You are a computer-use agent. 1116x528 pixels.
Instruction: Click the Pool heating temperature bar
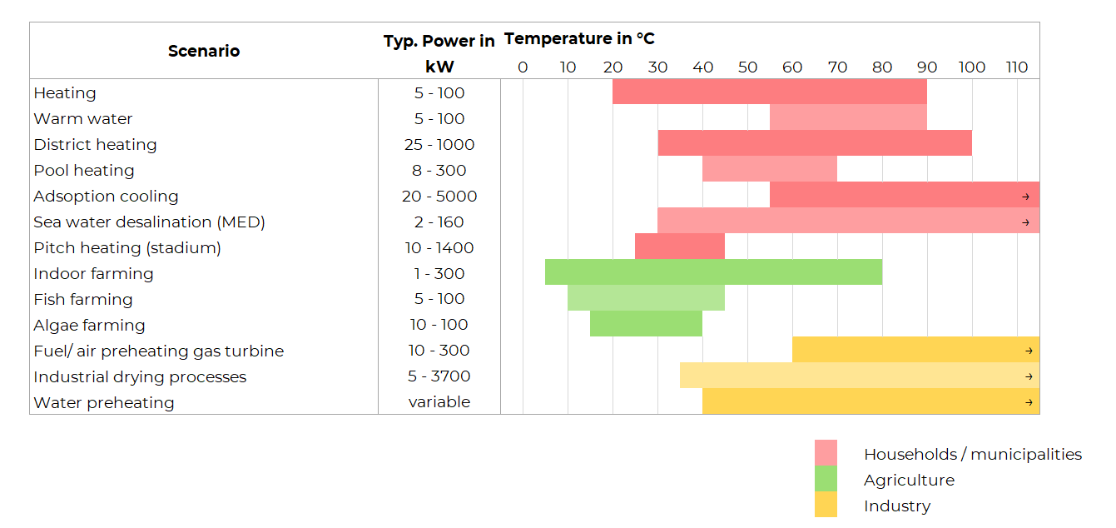[770, 170]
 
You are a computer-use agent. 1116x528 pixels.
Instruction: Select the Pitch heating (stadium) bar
[680, 247]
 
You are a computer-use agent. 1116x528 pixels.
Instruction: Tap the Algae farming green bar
[646, 324]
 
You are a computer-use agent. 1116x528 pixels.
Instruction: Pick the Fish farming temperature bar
[646, 298]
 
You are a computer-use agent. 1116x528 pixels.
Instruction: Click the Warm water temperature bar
[848, 118]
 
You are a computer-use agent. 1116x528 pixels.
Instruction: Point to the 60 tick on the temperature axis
[792, 67]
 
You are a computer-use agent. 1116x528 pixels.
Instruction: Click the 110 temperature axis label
[1017, 67]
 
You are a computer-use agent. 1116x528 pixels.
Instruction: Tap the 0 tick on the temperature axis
[523, 67]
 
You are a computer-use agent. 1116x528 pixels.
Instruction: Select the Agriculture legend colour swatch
[826, 479]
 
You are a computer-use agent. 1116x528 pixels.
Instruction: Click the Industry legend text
[897, 506]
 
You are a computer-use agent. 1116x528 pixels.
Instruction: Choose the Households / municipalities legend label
[972, 454]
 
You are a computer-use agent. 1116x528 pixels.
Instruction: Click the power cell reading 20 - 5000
[439, 197]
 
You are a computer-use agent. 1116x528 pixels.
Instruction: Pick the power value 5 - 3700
[439, 376]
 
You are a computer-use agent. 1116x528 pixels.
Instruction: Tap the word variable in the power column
[439, 402]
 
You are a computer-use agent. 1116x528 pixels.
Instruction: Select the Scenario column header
[204, 51]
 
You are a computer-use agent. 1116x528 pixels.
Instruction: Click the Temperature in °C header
[579, 39]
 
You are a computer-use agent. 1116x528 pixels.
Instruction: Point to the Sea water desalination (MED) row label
[150, 222]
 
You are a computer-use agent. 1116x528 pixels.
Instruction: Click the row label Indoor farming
[93, 273]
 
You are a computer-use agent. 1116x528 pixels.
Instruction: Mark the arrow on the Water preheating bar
[1029, 402]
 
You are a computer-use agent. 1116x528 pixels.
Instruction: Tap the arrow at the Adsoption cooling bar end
[1025, 197]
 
